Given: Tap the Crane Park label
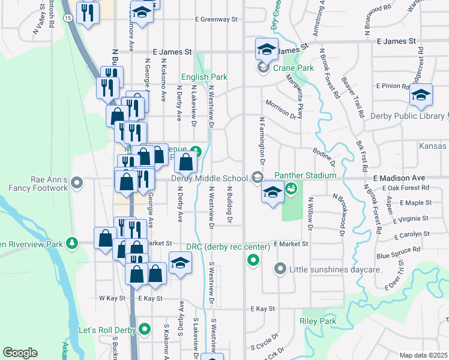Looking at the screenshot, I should coord(294,68).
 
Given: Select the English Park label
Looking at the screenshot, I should coord(205,77).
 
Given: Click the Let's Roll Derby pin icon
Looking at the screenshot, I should coord(144,329).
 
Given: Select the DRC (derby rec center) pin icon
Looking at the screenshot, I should coord(253,260).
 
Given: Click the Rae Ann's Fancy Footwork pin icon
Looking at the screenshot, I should coord(76,181).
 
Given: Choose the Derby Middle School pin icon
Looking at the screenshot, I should coord(258,177).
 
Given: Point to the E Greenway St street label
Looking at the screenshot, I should coord(215,19).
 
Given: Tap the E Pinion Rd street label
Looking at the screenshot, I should coord(391,86).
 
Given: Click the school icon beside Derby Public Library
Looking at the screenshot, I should coord(421,94).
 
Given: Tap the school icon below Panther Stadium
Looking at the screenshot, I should coord(273,193).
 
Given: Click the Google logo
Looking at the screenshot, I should coord(20,353).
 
